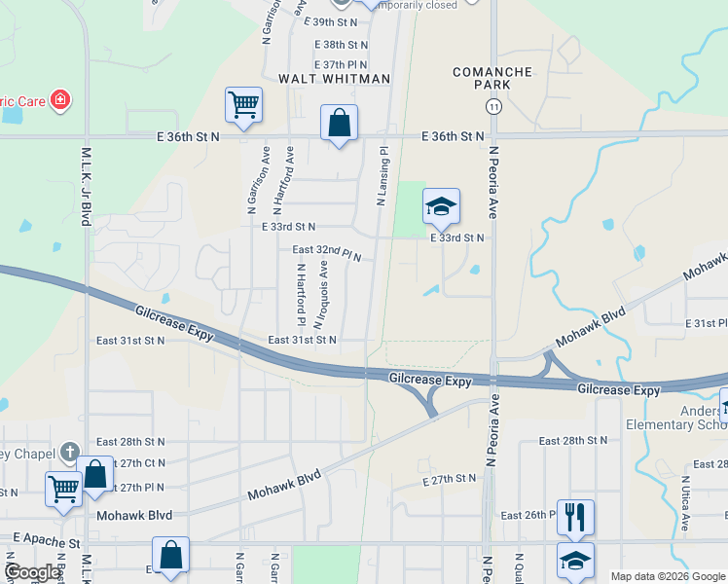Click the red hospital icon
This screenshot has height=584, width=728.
[59, 100]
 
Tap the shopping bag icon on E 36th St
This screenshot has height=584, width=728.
[339, 125]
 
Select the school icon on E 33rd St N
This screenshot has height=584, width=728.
[441, 206]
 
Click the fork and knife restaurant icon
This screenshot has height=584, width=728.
[575, 517]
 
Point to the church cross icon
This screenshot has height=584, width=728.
[68, 452]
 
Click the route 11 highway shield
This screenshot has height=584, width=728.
[494, 106]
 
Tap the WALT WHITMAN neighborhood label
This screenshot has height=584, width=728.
[334, 79]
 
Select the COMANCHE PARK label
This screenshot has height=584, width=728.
[493, 78]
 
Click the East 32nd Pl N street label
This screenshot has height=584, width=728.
[327, 252]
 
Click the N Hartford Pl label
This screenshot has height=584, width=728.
[302, 294]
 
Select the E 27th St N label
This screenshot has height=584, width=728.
[450, 479]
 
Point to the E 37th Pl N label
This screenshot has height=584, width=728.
[341, 63]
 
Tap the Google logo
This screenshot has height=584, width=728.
[32, 572]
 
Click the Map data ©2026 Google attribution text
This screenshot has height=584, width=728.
[667, 576]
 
